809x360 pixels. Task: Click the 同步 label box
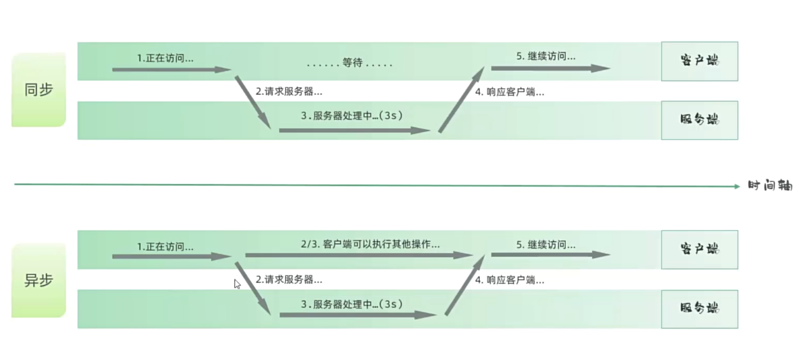[x=39, y=90]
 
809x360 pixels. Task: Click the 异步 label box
[x=39, y=280]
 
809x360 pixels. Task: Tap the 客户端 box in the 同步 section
[x=699, y=61]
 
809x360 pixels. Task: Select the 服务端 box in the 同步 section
[x=699, y=120]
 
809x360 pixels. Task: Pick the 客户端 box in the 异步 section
[x=699, y=250]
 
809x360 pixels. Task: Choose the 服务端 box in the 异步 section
[x=699, y=309]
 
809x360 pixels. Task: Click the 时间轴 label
[x=770, y=186]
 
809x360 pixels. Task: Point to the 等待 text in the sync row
[x=352, y=62]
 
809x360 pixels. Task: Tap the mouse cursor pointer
[x=237, y=284]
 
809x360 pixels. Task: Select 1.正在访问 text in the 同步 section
[x=165, y=58]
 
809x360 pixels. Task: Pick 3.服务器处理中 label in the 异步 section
[x=352, y=304]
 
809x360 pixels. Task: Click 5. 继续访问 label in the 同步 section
[x=546, y=56]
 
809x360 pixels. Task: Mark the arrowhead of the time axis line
[x=739, y=186]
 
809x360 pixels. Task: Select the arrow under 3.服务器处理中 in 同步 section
[x=355, y=130]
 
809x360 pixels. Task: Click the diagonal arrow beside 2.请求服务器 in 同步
[x=253, y=102]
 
